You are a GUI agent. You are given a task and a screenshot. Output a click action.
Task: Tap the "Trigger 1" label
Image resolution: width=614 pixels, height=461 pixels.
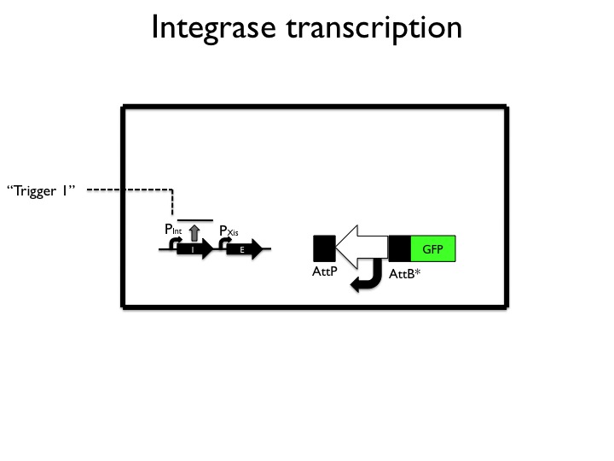point(42,190)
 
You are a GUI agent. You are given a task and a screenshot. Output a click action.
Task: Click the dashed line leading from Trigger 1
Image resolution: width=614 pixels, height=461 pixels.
point(128,190)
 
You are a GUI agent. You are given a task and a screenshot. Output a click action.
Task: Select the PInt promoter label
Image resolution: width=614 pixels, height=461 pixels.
point(172,229)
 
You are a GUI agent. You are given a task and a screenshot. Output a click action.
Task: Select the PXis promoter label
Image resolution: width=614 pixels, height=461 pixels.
point(229,231)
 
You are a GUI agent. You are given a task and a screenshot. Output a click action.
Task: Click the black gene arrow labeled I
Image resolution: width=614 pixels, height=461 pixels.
point(196,249)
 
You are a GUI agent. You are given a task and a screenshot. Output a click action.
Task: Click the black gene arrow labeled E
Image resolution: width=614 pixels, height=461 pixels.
point(244,249)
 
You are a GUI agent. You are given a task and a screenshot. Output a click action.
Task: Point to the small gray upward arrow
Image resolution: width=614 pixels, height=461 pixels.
point(194,231)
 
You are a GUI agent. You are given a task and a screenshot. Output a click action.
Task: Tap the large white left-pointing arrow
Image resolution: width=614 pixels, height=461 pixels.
point(362,248)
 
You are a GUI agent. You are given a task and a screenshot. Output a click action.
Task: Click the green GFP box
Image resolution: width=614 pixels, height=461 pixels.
point(433,248)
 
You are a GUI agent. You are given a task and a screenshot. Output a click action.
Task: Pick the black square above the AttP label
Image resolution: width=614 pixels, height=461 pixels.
point(325,248)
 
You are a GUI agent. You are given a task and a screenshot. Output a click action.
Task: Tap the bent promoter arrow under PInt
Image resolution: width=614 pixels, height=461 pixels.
point(174,243)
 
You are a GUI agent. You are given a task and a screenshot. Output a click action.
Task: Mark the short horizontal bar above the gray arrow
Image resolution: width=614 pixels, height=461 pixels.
point(194,219)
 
